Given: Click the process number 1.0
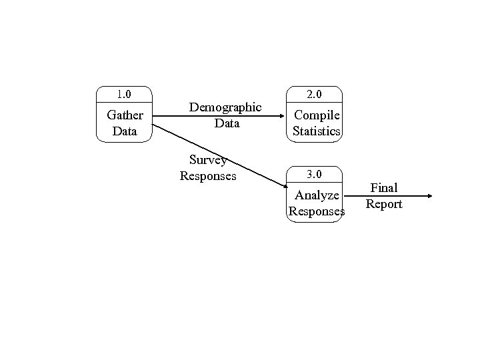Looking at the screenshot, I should [x=124, y=94].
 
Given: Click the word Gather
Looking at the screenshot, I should [x=125, y=115].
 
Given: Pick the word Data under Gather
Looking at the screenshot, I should [x=125, y=131].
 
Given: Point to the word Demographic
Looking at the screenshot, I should [x=225, y=107].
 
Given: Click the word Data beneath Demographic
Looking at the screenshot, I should [x=227, y=123].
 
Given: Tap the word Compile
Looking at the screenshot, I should [x=317, y=115].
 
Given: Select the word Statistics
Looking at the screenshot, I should [x=317, y=131].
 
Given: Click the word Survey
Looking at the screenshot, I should [x=208, y=160].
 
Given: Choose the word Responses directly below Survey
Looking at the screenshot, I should [x=208, y=177].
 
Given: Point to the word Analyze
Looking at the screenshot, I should [x=317, y=195].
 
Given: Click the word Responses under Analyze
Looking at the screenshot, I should [x=317, y=212].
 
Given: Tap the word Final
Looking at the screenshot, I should [x=384, y=188].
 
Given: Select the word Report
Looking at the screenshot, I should [x=384, y=204].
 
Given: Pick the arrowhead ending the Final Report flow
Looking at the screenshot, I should [x=429, y=196].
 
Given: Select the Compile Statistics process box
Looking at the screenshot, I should [x=316, y=113].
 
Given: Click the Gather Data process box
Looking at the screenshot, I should [x=125, y=114].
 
